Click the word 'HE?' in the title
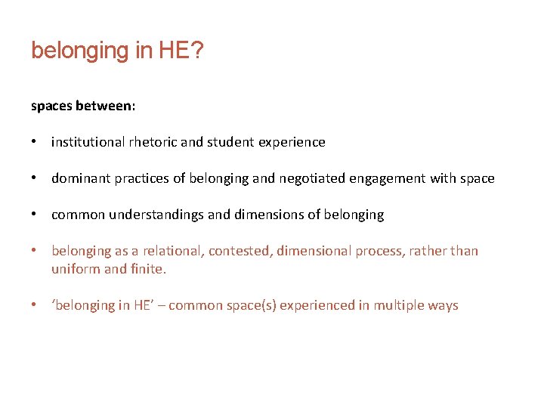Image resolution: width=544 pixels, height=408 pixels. tap(182, 51)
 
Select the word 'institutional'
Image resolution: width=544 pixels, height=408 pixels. tap(88, 142)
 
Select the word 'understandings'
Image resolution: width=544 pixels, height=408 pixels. tap(156, 215)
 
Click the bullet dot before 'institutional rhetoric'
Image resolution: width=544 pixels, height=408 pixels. tap(34, 142)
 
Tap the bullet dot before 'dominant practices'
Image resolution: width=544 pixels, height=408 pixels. tap(34, 179)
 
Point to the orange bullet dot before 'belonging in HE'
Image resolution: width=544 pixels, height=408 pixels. tap(34, 305)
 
